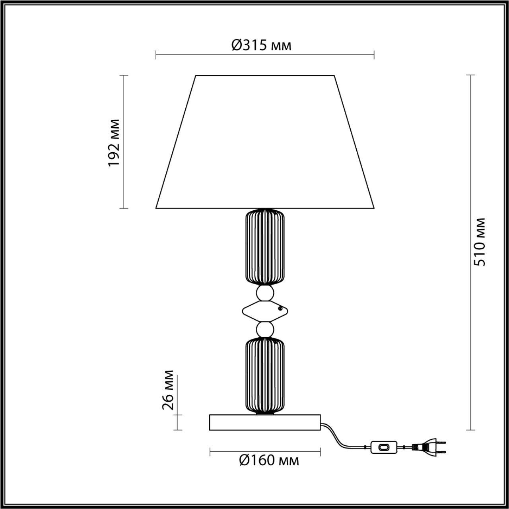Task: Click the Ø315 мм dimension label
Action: (x=261, y=45)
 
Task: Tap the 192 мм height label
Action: (x=114, y=142)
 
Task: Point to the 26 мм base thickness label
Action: (x=168, y=390)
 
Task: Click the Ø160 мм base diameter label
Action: (x=269, y=460)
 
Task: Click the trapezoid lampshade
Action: (x=265, y=143)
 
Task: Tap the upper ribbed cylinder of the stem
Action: (x=265, y=247)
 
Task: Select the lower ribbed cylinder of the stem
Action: (x=265, y=375)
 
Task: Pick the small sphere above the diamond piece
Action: (x=265, y=293)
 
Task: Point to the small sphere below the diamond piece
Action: (x=265, y=329)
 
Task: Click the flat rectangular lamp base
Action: (x=265, y=422)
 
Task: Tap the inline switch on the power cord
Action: (x=384, y=447)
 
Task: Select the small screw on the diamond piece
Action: (x=281, y=308)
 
